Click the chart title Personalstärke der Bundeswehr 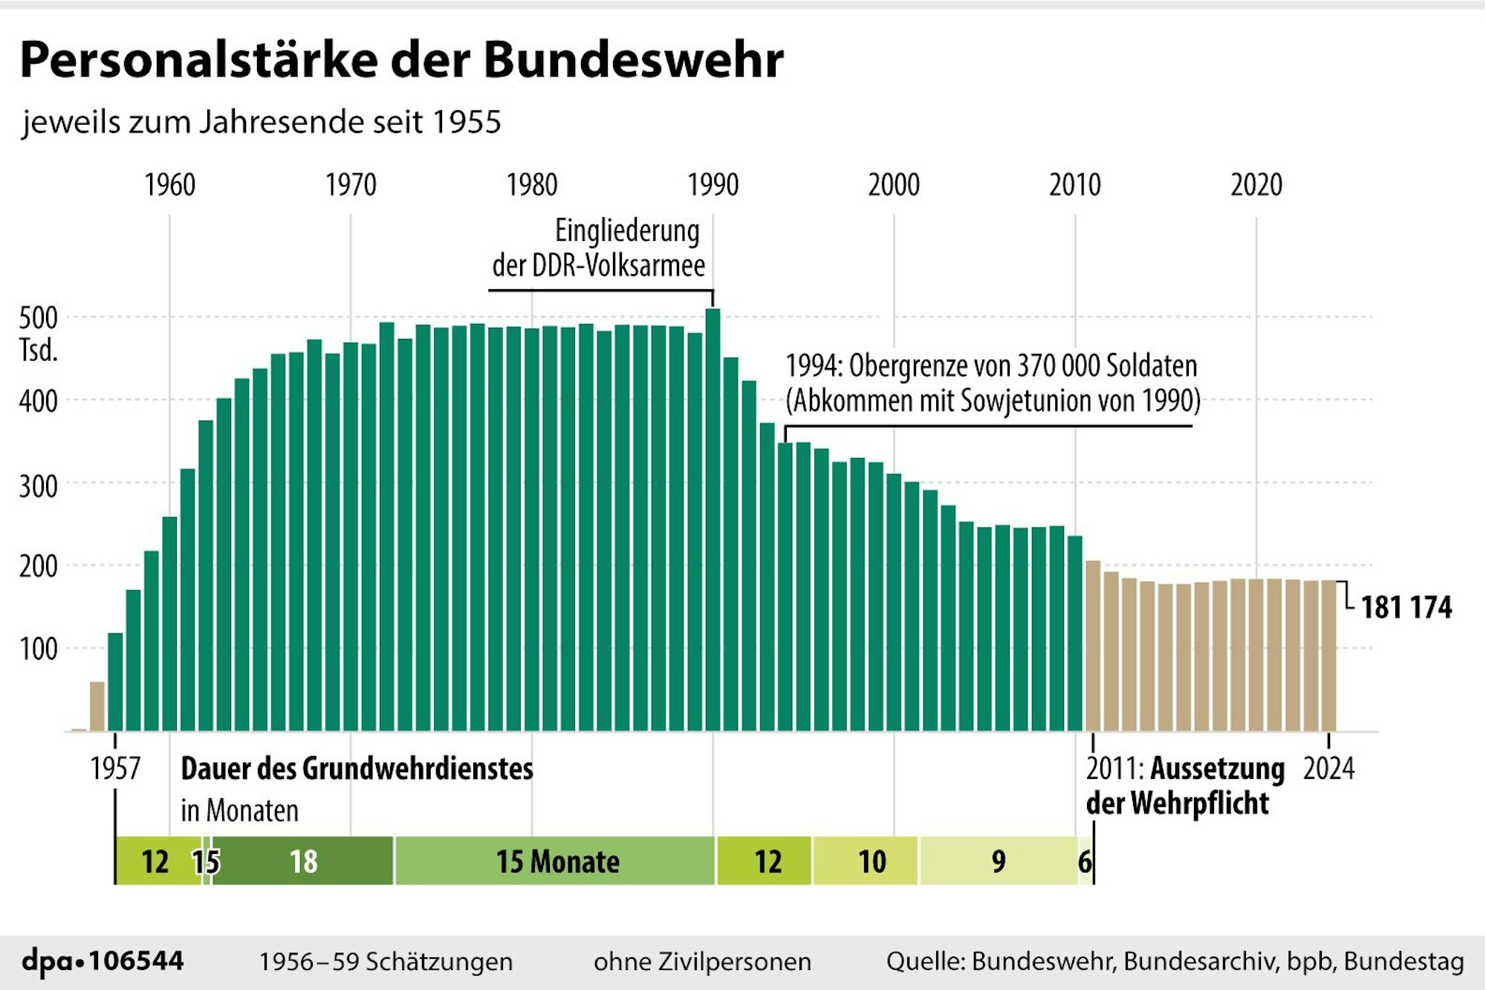401,59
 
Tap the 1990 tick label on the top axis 713,185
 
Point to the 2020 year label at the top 1256,185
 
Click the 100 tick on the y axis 38,650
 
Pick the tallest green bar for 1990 713,520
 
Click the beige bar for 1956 97,706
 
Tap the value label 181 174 1406,608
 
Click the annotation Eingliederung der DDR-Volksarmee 599,248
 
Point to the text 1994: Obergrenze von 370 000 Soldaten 991,366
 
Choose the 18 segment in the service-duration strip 303,861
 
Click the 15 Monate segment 557,861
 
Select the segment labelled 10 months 872,861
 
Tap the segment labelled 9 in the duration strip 998,861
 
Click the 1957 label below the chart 115,769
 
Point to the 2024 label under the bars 1328,769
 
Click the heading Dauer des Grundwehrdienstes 357,769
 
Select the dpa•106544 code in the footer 103,961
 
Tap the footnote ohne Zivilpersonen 702,962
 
